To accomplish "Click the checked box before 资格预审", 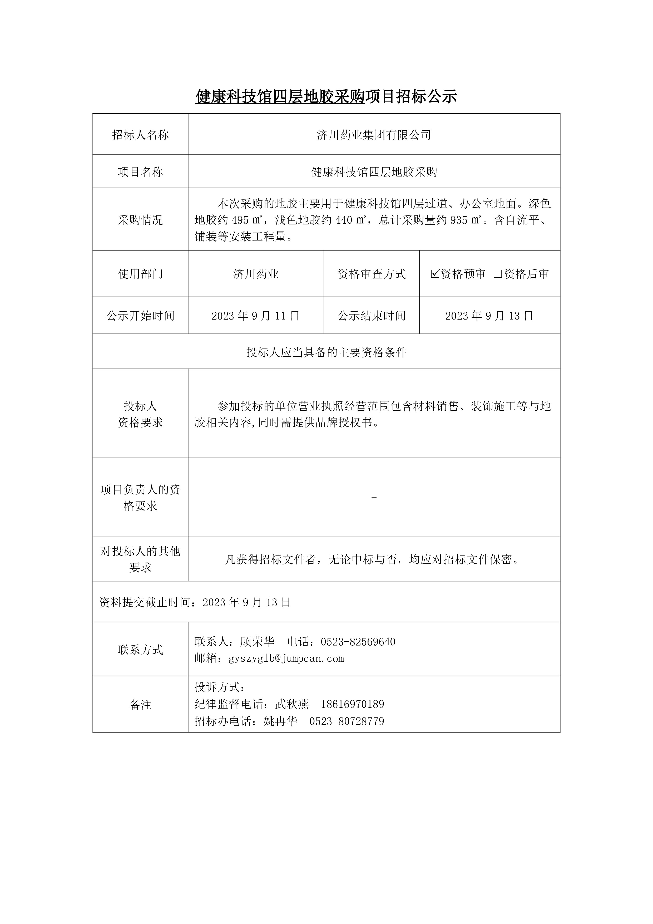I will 435,274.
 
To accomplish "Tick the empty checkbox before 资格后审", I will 498,274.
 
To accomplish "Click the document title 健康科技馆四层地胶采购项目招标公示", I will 326,97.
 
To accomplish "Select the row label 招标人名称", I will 140,135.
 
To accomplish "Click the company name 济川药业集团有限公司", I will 374,135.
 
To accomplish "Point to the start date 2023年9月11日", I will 256,316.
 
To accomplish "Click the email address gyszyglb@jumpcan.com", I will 286,658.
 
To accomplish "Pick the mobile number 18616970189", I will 353,704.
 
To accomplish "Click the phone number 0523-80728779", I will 347,721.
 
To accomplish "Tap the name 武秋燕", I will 292,704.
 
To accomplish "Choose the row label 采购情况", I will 140,220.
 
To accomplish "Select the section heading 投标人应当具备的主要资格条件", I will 326,352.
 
